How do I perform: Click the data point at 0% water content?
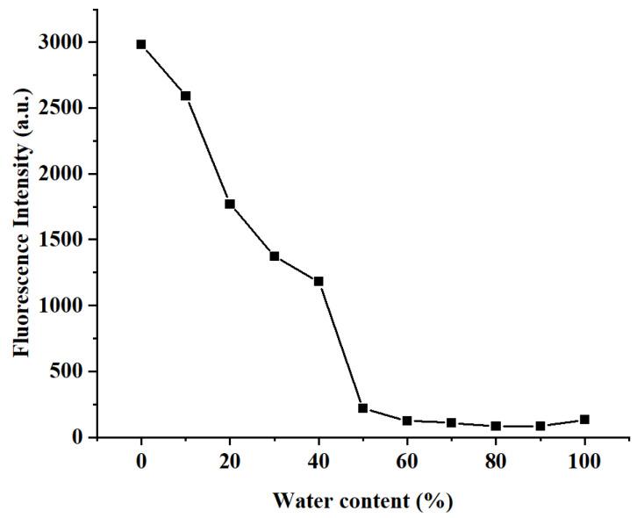141,44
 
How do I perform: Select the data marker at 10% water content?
185,96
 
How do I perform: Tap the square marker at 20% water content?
230,204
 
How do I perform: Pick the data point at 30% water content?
274,256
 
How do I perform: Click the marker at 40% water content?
318,281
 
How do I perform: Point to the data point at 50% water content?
362,408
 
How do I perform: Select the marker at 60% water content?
407,421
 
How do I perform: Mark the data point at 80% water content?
496,426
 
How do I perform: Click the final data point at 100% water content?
584,420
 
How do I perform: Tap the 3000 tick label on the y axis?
61,42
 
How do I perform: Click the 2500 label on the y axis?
61,108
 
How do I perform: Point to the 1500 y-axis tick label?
61,240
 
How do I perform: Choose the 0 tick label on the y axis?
77,437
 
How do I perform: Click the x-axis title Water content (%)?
362,501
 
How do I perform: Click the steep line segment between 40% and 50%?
340,345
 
